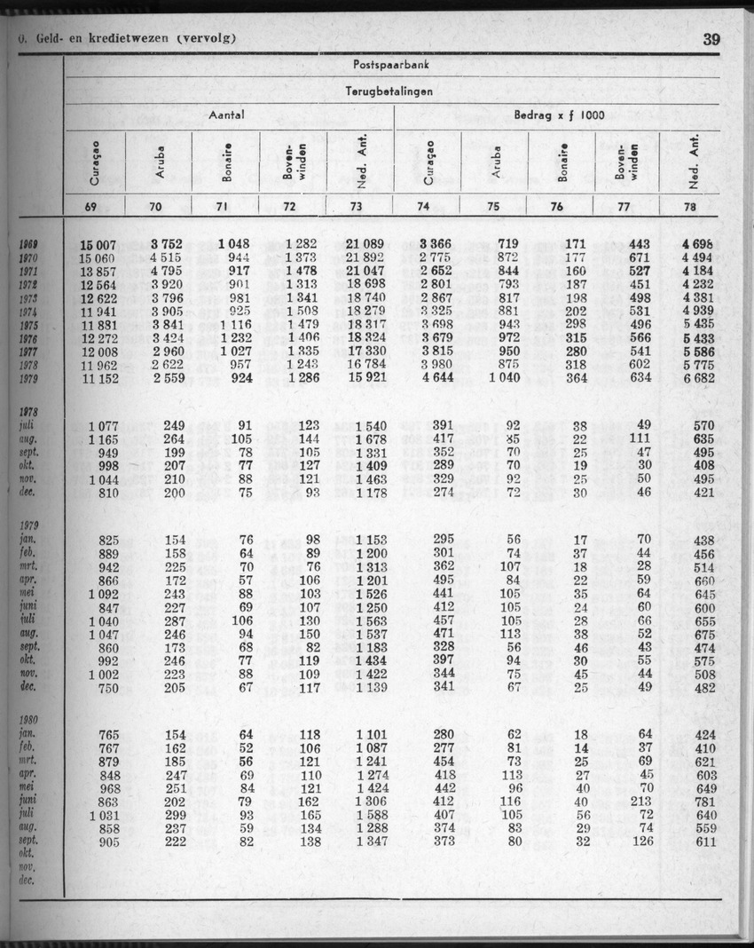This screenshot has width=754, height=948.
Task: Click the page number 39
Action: click(711, 39)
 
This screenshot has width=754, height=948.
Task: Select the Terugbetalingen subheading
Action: click(389, 91)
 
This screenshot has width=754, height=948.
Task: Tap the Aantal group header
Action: click(226, 115)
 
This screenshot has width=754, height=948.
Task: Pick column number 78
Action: click(690, 207)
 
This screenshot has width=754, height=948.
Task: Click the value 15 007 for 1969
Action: click(98, 244)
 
